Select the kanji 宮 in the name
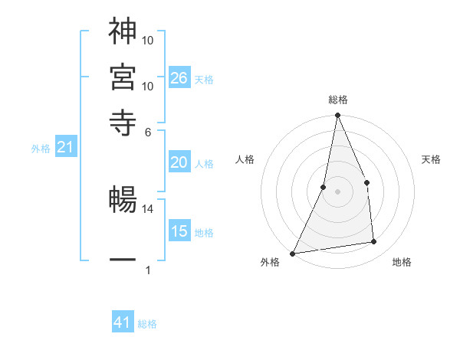tap(123, 77)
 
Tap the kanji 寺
tap(123, 123)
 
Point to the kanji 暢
tap(123, 201)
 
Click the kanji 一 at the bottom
tap(123, 260)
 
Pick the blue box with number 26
tap(179, 78)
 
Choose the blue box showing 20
tap(179, 162)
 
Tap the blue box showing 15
tap(179, 231)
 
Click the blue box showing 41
tap(123, 323)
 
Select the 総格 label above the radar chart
tap(337, 100)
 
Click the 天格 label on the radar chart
tap(432, 159)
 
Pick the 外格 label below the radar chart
tap(270, 263)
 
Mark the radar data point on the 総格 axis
tap(337, 116)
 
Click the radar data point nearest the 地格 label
tap(374, 242)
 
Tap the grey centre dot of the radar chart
tap(337, 191)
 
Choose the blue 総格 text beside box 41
tap(147, 324)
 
